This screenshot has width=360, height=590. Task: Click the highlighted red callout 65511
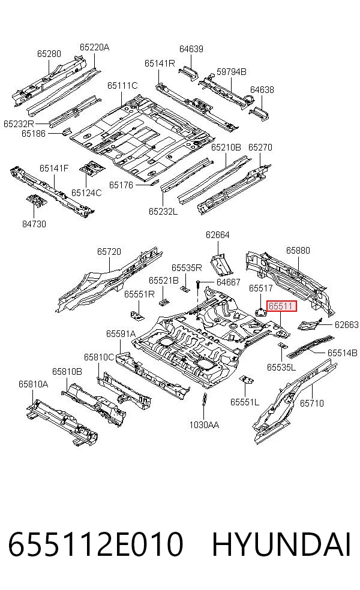coord(281,306)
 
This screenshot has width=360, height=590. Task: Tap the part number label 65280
coord(49,54)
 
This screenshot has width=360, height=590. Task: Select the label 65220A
coord(95,47)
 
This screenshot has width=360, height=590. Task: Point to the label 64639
coord(191,49)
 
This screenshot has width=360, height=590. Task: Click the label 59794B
coord(231,71)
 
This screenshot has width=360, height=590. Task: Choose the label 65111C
coord(122,86)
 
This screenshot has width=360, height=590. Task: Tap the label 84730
coord(34,224)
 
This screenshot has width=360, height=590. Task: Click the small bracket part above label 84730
coord(36,201)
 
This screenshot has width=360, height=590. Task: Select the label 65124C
coord(86,192)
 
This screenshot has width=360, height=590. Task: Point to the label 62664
coord(218,235)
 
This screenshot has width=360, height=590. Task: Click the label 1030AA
coord(204,425)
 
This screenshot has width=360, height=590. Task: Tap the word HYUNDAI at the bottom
coord(281,544)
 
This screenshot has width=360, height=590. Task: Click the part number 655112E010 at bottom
coord(95,544)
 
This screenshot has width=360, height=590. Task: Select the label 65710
coord(312,404)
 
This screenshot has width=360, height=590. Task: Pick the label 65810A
coord(34,384)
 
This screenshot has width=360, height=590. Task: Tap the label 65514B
coord(343,353)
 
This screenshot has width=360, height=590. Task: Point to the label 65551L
coord(245,402)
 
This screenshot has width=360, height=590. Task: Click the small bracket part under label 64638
coord(259,113)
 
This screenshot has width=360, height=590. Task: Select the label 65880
coord(298,251)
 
